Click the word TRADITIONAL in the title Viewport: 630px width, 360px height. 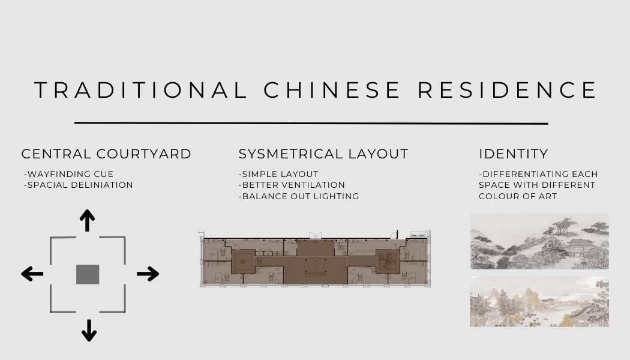pyautogui.click(x=141, y=90)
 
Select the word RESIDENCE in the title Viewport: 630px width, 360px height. pyautogui.click(x=507, y=90)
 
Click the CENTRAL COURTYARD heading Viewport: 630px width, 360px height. pyautogui.click(x=106, y=154)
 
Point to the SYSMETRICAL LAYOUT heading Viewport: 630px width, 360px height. pyautogui.click(x=323, y=154)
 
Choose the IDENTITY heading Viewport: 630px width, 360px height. pyautogui.click(x=514, y=154)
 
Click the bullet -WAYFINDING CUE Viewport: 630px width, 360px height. pyautogui.click(x=68, y=174)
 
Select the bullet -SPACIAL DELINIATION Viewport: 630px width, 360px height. pyautogui.click(x=78, y=185)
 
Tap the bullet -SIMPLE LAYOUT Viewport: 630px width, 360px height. pyautogui.click(x=278, y=174)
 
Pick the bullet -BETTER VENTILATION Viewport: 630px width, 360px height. pyautogui.click(x=292, y=185)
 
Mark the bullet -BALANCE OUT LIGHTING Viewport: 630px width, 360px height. pyautogui.click(x=299, y=196)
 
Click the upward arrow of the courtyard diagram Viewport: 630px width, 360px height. pyautogui.click(x=88, y=220)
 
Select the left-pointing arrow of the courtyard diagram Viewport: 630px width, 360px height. pyautogui.click(x=32, y=274)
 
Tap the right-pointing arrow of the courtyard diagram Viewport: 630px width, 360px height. pyautogui.click(x=148, y=274)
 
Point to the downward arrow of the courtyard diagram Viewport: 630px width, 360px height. pyautogui.click(x=89, y=330)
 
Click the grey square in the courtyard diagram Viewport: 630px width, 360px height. pyautogui.click(x=88, y=274)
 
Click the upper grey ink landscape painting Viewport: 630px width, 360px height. pyautogui.click(x=539, y=241)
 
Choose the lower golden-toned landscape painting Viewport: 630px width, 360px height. pyautogui.click(x=539, y=301)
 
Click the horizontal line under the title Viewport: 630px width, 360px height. pyautogui.click(x=311, y=124)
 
